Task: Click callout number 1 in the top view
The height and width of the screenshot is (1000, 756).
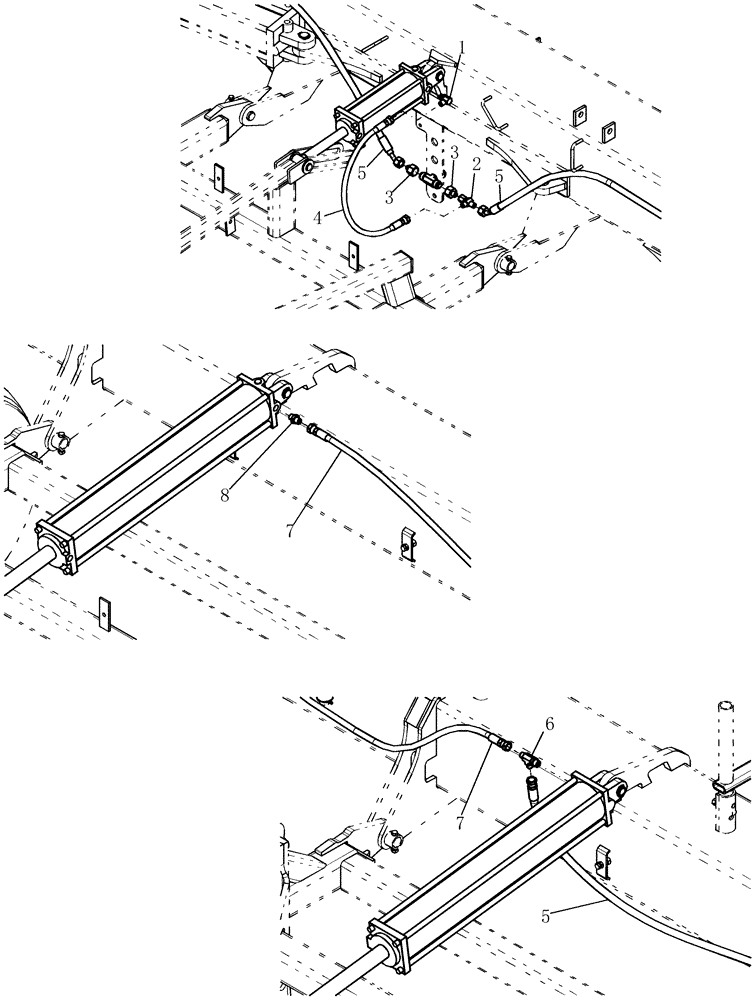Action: tap(463, 48)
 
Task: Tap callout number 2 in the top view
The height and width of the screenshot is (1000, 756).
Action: tap(477, 163)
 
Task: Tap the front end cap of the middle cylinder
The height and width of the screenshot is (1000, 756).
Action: tap(56, 547)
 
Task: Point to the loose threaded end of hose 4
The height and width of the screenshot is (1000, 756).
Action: tap(402, 224)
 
